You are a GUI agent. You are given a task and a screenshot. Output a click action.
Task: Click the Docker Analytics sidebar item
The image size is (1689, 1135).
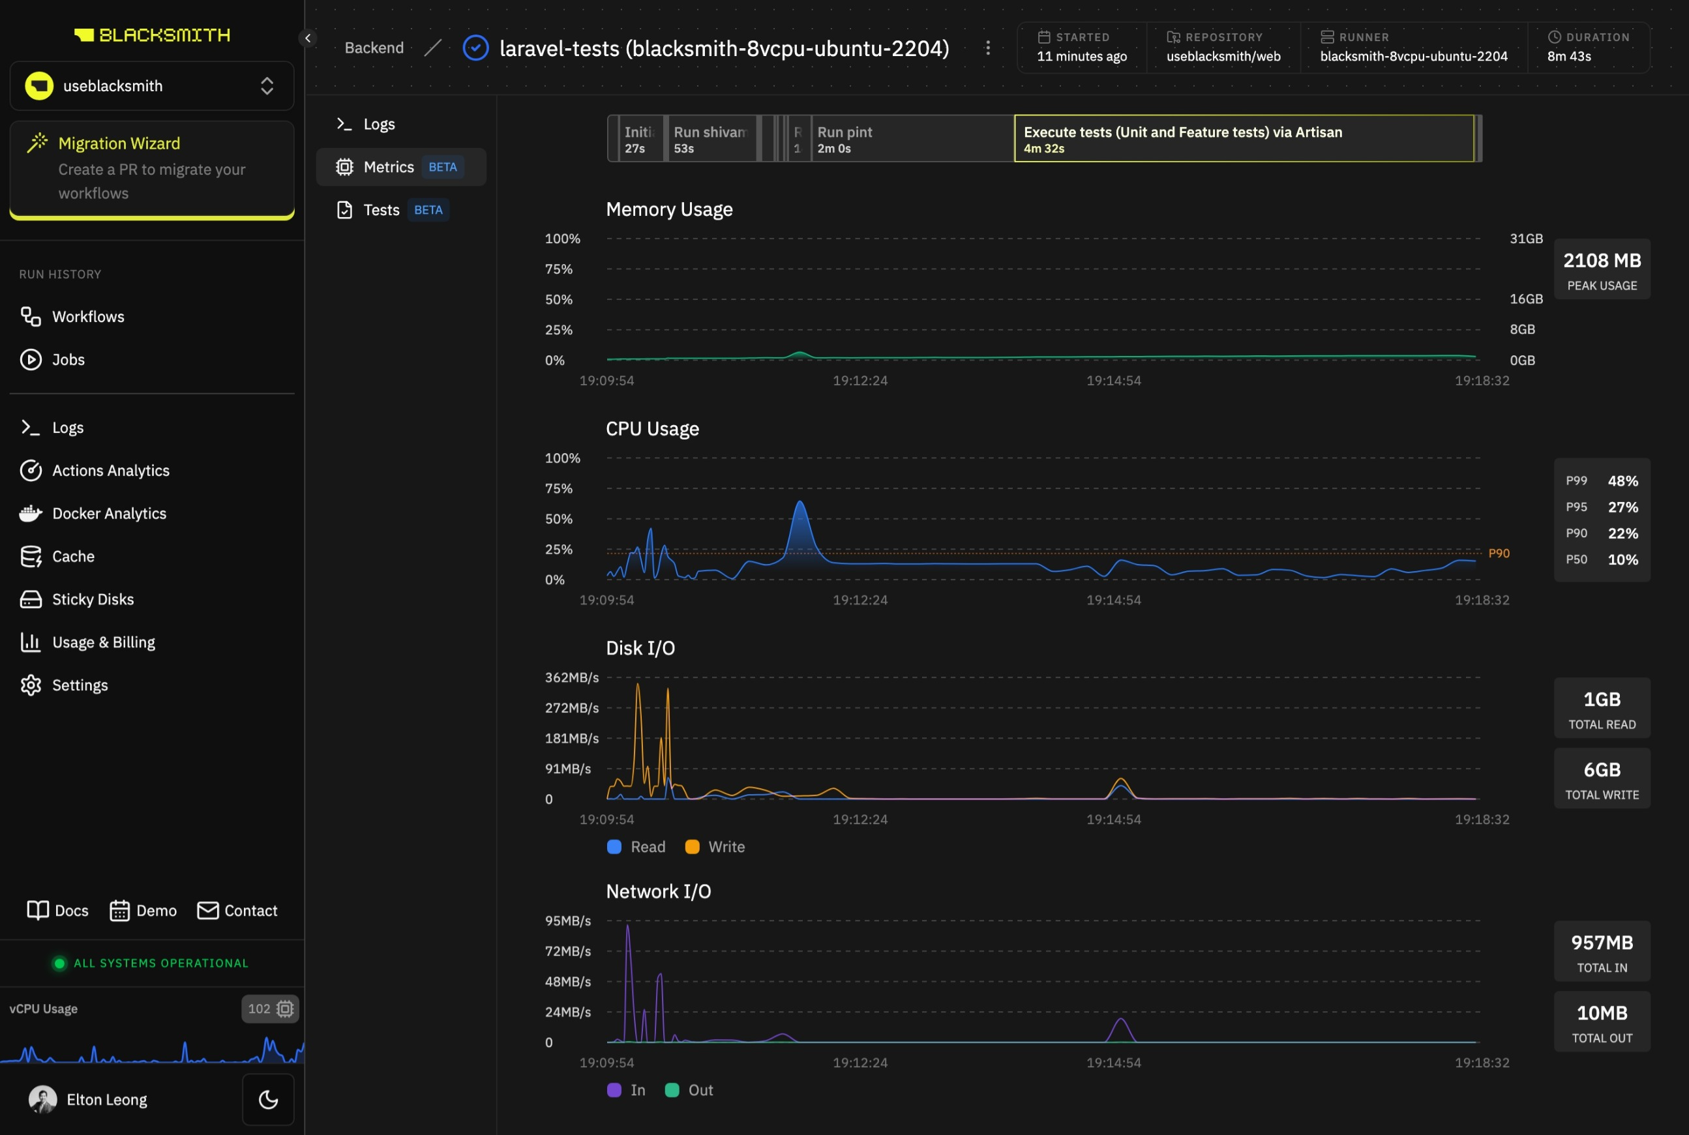pyautogui.click(x=109, y=513)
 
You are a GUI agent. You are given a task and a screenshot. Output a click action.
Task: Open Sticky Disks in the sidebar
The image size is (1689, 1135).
pyautogui.click(x=93, y=599)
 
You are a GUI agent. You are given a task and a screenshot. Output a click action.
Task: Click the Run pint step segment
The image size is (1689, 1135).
pyautogui.click(x=911, y=139)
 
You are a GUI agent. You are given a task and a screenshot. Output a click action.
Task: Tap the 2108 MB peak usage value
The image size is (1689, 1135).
pyautogui.click(x=1602, y=261)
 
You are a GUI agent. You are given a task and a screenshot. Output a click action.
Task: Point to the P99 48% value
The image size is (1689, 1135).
pyautogui.click(x=1622, y=481)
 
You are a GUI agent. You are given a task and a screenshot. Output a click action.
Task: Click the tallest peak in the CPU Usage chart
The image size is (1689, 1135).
pyautogui.click(x=800, y=504)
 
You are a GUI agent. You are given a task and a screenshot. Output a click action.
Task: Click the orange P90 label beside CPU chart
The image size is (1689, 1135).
pyautogui.click(x=1498, y=553)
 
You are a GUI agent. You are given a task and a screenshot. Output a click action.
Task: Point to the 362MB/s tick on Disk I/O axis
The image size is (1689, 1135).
pyautogui.click(x=571, y=677)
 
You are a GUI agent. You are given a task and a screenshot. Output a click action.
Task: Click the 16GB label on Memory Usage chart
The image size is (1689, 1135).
pyautogui.click(x=1525, y=299)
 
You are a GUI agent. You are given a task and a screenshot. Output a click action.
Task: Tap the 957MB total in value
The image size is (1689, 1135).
pyautogui.click(x=1602, y=943)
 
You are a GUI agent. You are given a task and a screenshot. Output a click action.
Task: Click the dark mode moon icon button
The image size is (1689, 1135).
pyautogui.click(x=268, y=1100)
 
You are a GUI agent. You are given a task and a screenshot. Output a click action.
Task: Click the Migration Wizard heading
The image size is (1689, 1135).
pyautogui.click(x=119, y=143)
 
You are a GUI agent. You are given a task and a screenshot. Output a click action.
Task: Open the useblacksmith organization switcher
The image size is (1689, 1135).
pyautogui.click(x=151, y=86)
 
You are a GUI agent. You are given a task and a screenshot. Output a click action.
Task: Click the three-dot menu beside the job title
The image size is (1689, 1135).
pyautogui.click(x=987, y=48)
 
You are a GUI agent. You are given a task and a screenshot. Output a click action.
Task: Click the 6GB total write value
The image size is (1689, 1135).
pyautogui.click(x=1602, y=770)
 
